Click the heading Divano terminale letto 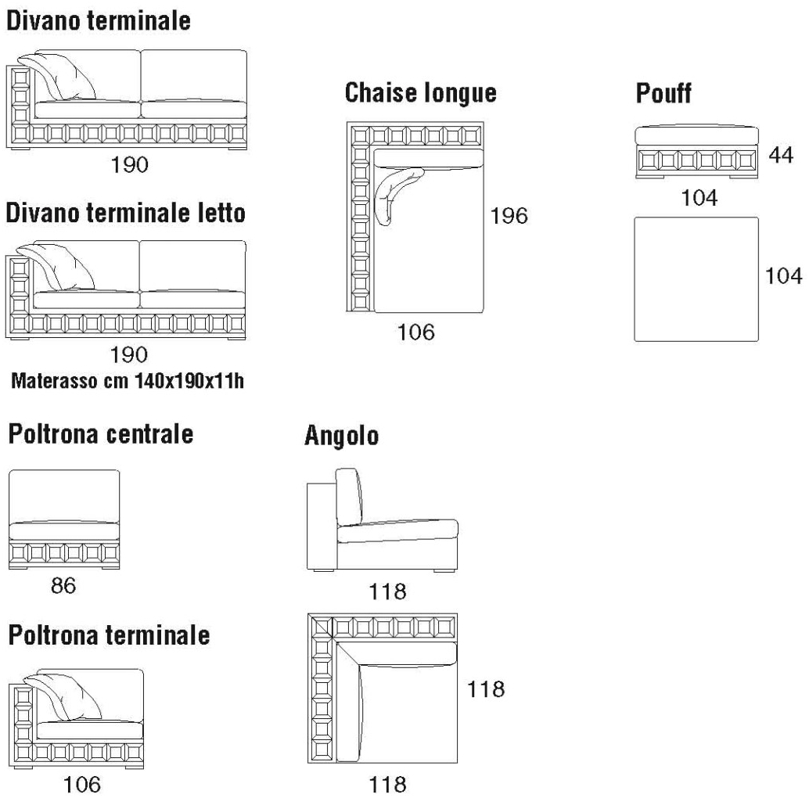127,213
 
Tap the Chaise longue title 421,92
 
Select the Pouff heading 663,93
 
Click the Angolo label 342,435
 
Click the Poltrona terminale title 110,634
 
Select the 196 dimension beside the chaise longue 510,215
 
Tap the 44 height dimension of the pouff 780,155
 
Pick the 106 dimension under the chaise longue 415,332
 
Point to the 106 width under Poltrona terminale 82,783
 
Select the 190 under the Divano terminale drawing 129,165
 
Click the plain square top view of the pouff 696,279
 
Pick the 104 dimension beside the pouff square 783,275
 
